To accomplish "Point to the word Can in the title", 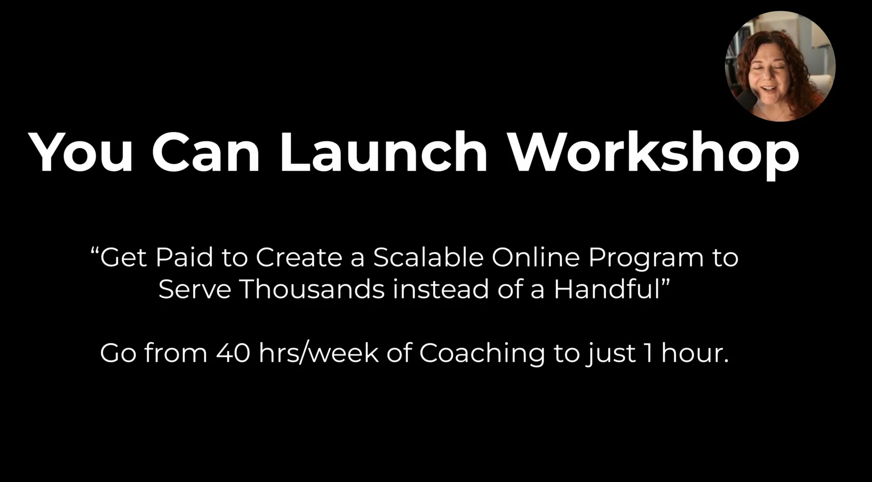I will (205, 152).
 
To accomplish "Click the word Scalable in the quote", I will (428, 257).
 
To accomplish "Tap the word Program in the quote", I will (645, 258).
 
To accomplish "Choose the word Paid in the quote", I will (184, 257).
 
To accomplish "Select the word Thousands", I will (312, 289).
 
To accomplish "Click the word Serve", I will (195, 289).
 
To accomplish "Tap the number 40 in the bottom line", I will (233, 353).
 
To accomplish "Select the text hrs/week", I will (318, 353).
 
